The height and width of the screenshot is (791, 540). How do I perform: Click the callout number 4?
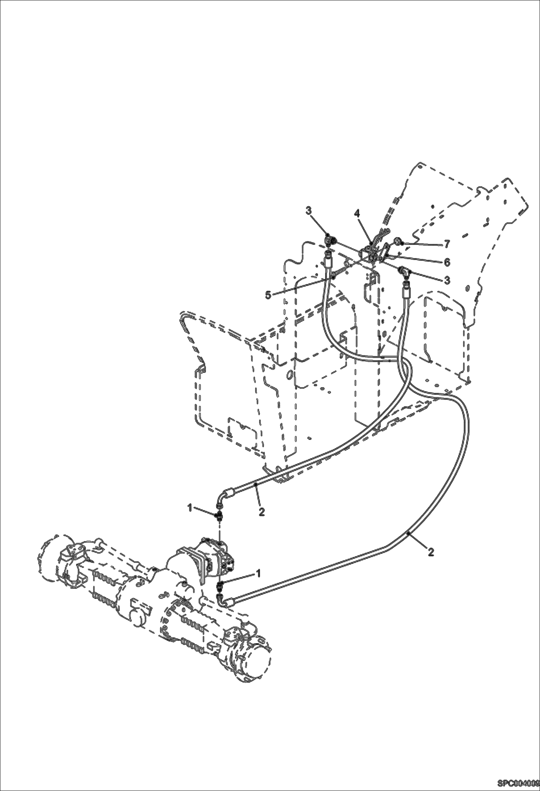357,213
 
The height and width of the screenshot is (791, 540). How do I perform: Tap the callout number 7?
447,244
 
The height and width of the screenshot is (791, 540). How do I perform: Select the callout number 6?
447,262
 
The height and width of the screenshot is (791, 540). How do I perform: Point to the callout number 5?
268,295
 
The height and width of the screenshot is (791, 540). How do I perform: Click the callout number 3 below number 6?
447,280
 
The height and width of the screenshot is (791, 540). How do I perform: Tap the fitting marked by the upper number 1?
219,517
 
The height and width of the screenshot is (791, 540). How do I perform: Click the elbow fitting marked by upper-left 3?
329,240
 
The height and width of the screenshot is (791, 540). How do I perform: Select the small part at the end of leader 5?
334,277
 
